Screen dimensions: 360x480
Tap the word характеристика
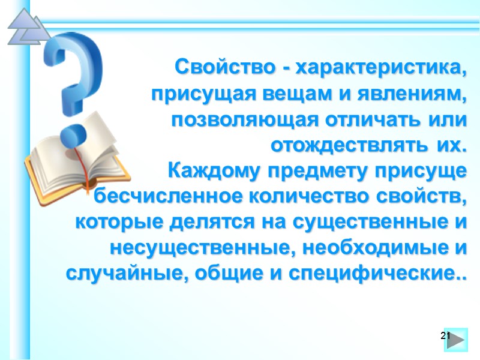pyautogui.click(x=378, y=67)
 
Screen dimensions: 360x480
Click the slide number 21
pyautogui.click(x=445, y=335)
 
